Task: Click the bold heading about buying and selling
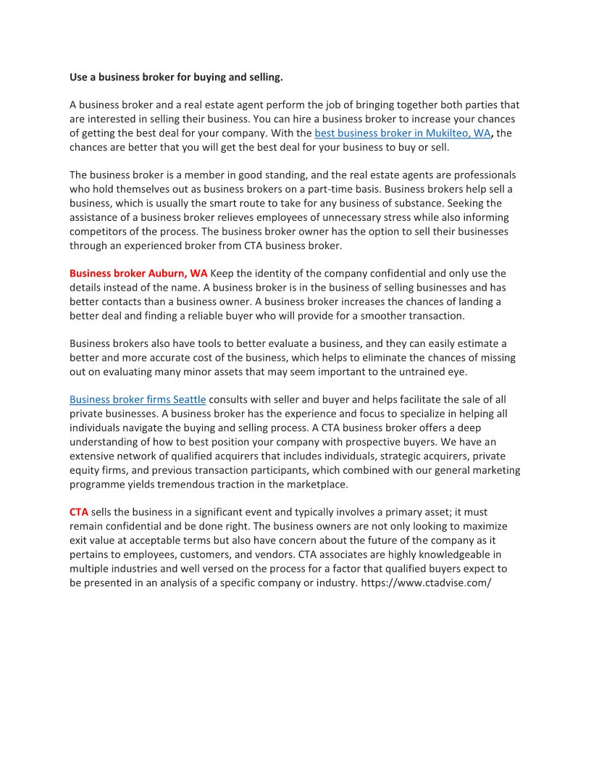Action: [176, 76]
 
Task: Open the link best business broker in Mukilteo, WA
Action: [402, 133]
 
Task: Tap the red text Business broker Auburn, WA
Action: [138, 273]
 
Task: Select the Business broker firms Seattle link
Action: [138, 399]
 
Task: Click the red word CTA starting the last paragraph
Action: [79, 511]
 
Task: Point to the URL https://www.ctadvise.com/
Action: [426, 582]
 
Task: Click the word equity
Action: [85, 469]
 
